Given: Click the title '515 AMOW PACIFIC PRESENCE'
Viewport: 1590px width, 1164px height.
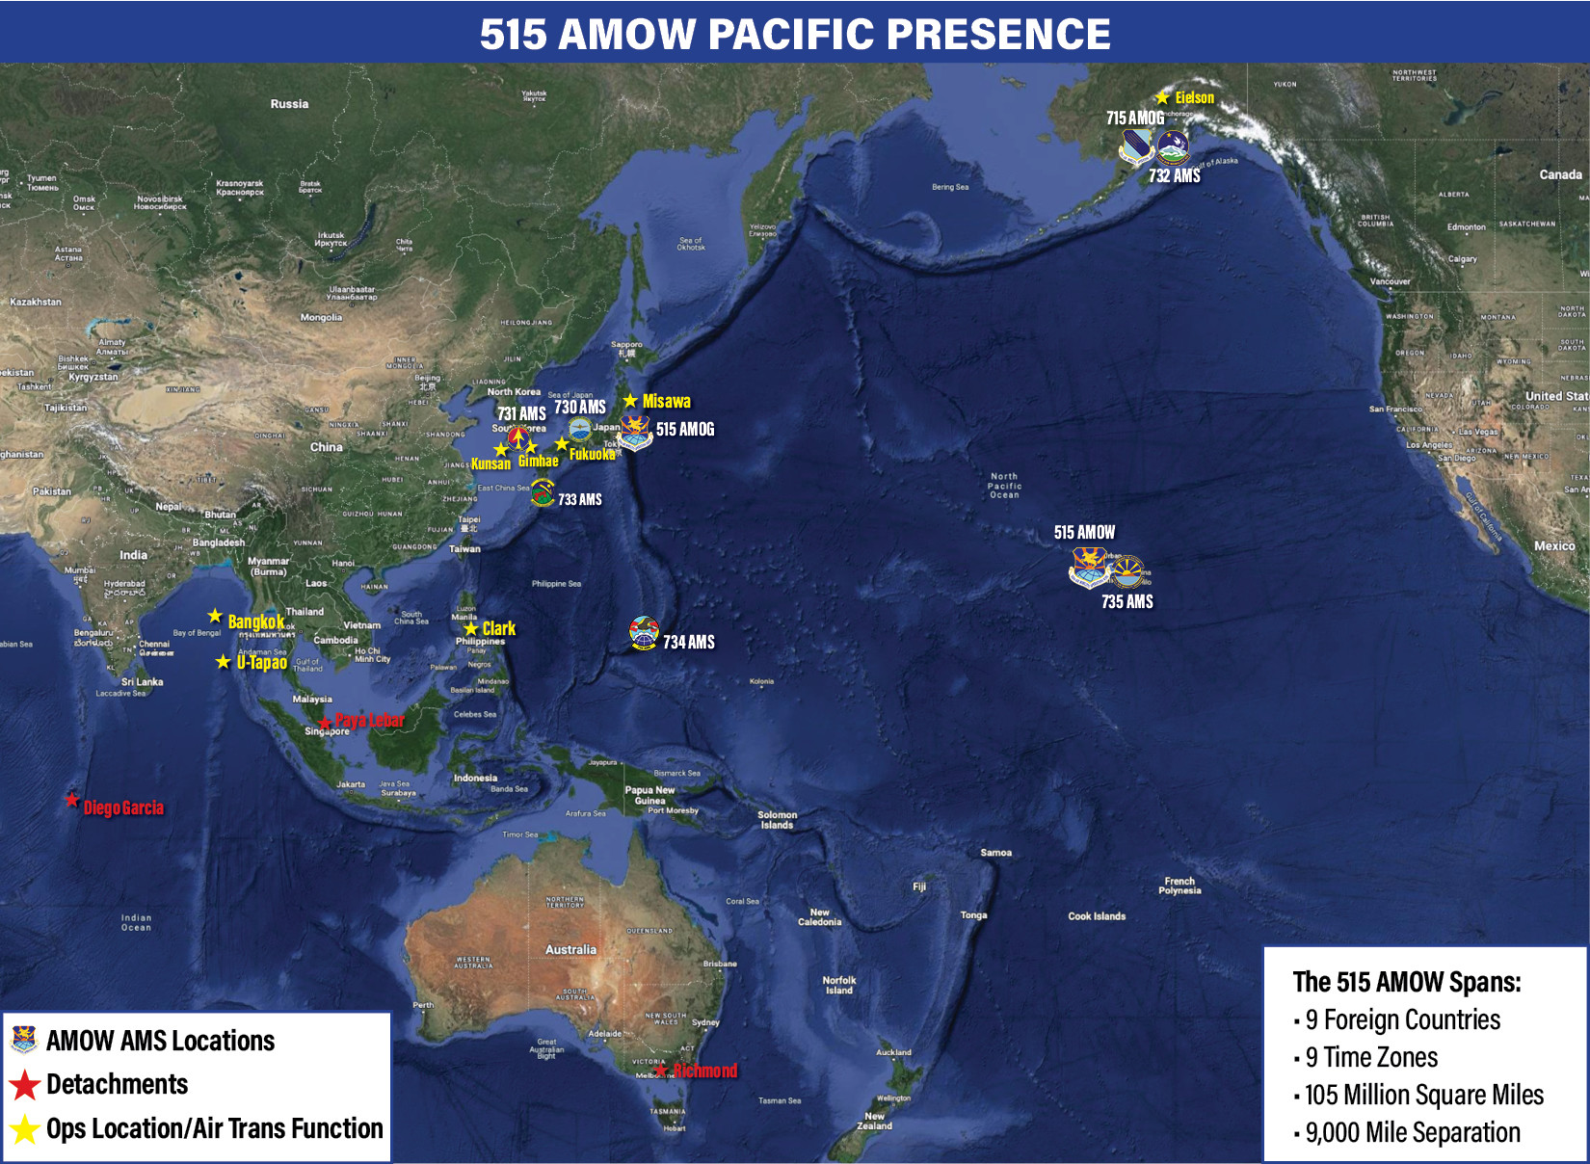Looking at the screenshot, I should [795, 34].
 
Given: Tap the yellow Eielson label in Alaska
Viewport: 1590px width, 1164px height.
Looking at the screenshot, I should [1194, 97].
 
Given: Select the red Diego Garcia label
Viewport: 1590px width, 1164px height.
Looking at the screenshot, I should [123, 807].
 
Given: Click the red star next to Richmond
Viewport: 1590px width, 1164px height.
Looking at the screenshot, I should [661, 1070].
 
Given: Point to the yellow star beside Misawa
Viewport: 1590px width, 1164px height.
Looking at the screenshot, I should [630, 401].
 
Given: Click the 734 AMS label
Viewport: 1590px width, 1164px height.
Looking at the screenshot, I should [688, 642].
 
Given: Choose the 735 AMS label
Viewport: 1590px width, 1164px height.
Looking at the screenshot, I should [1126, 601].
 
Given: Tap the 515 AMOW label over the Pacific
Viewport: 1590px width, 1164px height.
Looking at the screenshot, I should [1084, 532].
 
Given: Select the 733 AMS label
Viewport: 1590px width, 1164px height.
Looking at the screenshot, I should [579, 499].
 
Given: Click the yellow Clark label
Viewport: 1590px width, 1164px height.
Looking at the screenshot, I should [498, 628].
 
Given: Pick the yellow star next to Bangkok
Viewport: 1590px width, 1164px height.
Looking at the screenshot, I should [215, 616].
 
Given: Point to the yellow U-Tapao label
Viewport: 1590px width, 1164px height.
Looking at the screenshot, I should [262, 662].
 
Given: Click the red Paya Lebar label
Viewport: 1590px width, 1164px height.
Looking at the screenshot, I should [369, 720].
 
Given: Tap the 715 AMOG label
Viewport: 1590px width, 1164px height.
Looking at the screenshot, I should [1134, 118].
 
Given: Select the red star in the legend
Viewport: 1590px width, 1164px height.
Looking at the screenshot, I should [25, 1085].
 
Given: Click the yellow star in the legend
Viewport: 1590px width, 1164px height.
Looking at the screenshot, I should [25, 1129].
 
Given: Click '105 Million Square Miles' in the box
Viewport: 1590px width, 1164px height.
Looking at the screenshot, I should [1423, 1095].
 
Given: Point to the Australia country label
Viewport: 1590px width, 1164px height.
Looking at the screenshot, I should [570, 949].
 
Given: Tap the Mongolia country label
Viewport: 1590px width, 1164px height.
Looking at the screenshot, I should [321, 317].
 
